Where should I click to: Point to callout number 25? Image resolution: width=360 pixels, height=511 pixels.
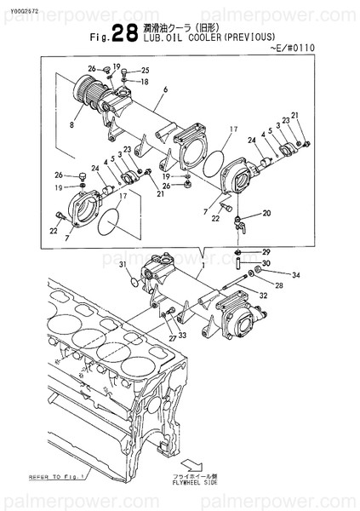pyautogui.click(x=145, y=71)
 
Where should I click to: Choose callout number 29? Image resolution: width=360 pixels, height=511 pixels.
pyautogui.click(x=266, y=253)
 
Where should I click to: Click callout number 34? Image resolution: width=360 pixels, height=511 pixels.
pyautogui.click(x=296, y=275)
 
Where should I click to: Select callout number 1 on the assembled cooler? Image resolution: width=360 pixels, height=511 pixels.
pyautogui.click(x=203, y=266)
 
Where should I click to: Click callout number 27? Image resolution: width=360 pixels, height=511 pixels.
pyautogui.click(x=172, y=338)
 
